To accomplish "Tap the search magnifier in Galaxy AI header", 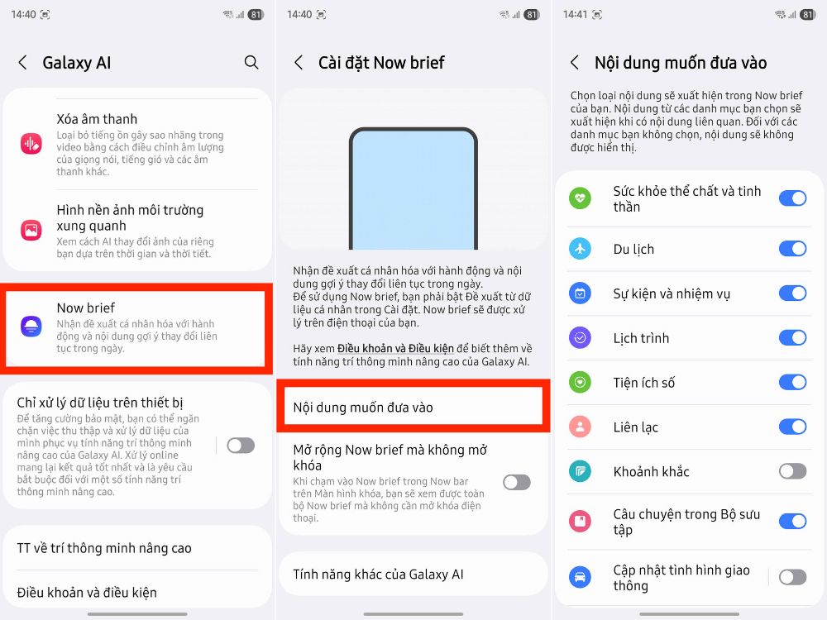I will coord(251,62).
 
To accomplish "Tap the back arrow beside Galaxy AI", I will coord(23,63).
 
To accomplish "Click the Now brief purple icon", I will coord(31,326).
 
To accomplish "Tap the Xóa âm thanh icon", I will coord(31,144).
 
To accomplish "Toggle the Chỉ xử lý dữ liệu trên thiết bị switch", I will coord(241,446).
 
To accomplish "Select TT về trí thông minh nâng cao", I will coord(104,548).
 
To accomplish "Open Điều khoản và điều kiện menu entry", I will coord(87,592).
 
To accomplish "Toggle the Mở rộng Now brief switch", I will coord(517,482).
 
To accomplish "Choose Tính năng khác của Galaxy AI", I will coord(378,574).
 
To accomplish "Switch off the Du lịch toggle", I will coord(792,249).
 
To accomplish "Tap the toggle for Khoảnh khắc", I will coord(792,471).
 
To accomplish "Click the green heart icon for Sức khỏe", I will coord(581,198).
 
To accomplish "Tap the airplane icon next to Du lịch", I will coord(581,249).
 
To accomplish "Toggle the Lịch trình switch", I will coord(792,337).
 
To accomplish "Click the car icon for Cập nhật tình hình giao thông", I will coord(581,577).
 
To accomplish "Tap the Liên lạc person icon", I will coord(581,427).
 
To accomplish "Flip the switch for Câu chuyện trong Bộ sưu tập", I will coord(792,521).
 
